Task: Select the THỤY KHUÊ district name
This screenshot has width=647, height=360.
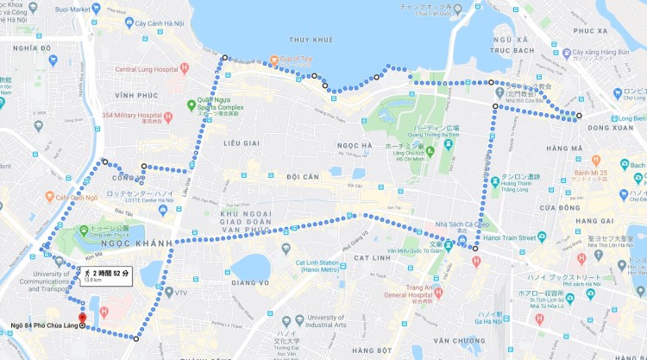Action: tap(311, 40)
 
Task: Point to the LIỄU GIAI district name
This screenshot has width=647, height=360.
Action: tap(241, 142)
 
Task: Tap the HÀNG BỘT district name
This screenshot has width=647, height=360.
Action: tap(372, 350)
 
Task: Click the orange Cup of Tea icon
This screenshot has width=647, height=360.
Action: tap(273, 60)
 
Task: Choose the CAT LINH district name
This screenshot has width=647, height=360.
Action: tap(372, 257)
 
